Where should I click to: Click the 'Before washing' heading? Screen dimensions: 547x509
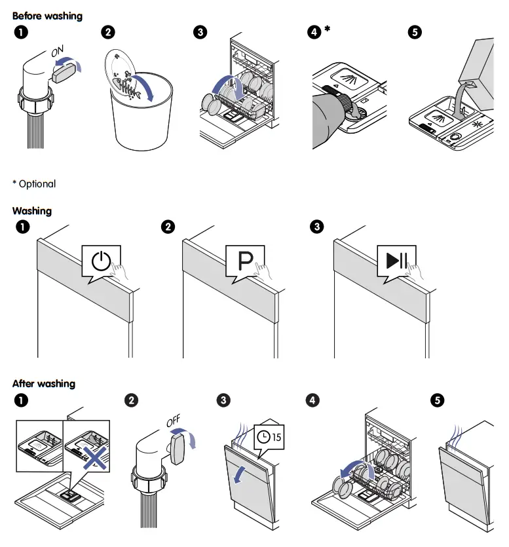(48, 15)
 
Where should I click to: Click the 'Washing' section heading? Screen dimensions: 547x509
(32, 211)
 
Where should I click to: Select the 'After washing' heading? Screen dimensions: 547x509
(44, 383)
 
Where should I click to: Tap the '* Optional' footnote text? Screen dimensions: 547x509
(34, 184)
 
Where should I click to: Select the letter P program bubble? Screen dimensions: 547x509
(245, 262)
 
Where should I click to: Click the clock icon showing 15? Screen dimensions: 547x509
(270, 436)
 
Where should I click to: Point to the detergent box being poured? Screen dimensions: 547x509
(477, 66)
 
